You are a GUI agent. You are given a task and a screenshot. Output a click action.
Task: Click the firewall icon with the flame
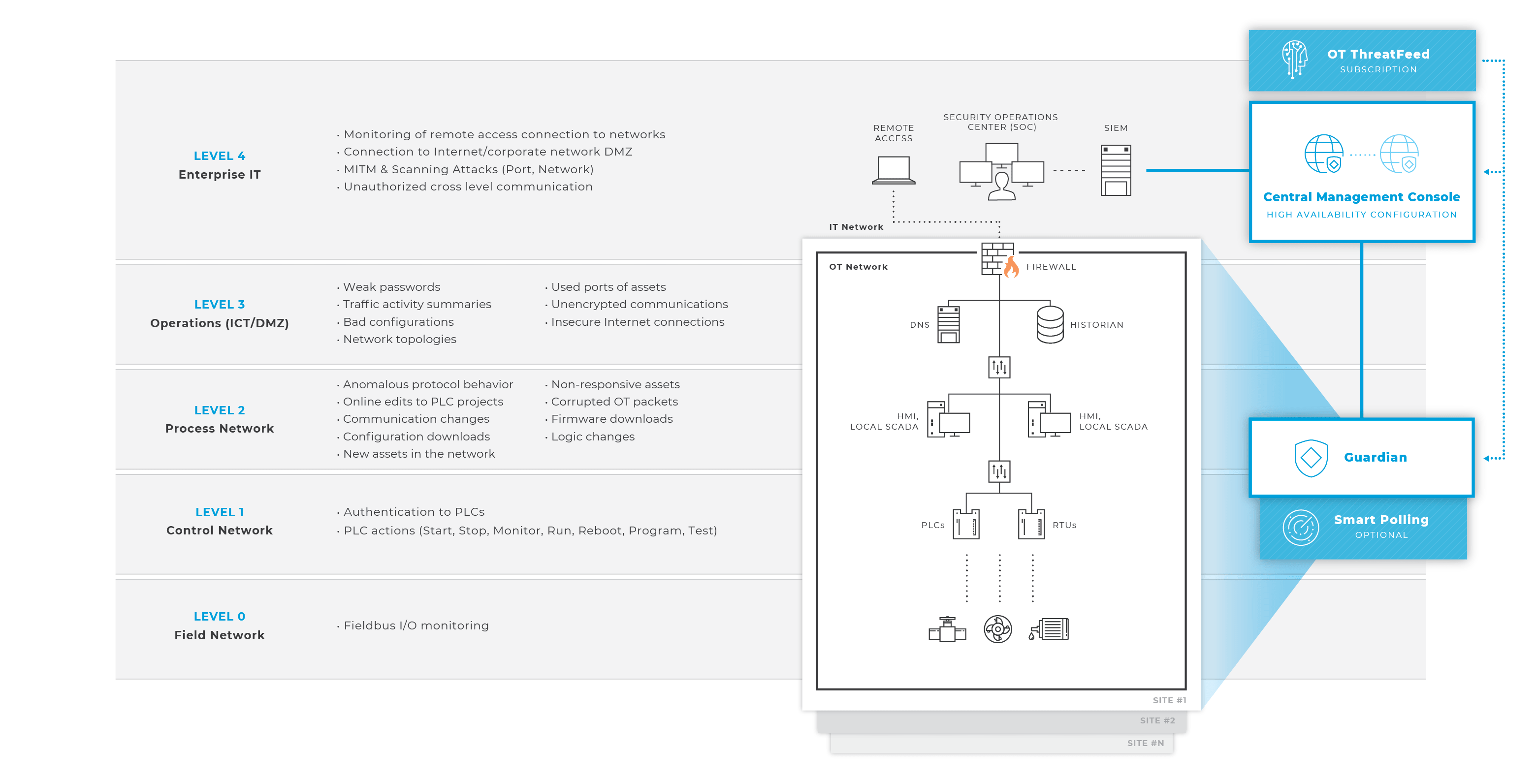point(999,259)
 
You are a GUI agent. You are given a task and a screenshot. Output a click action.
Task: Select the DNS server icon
point(948,325)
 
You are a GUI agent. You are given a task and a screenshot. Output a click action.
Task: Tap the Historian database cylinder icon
point(1050,325)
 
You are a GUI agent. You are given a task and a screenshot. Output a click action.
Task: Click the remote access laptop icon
point(893,170)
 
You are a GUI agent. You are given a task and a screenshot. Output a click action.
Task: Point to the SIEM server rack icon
point(1115,170)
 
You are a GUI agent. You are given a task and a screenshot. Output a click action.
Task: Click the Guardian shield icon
point(1311,458)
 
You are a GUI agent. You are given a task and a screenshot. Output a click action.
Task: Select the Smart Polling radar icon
point(1301,528)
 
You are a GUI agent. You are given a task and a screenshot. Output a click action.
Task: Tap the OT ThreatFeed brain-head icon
point(1294,59)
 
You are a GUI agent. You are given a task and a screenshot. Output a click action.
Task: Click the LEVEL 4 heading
point(220,156)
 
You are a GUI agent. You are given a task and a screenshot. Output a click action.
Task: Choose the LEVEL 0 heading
point(220,617)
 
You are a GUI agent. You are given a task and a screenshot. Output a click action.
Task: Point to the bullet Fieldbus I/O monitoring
point(416,625)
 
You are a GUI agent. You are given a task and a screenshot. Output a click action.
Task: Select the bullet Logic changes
point(593,437)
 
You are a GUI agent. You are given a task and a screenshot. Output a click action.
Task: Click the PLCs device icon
point(966,525)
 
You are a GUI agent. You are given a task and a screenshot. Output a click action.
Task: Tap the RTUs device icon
point(1031,525)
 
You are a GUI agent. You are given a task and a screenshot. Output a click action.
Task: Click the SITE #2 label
point(1157,720)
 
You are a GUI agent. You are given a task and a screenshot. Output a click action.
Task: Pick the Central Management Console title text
point(1361,197)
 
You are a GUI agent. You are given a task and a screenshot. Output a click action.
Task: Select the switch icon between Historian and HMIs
point(999,368)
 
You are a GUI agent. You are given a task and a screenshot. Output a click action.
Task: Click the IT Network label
point(856,227)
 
